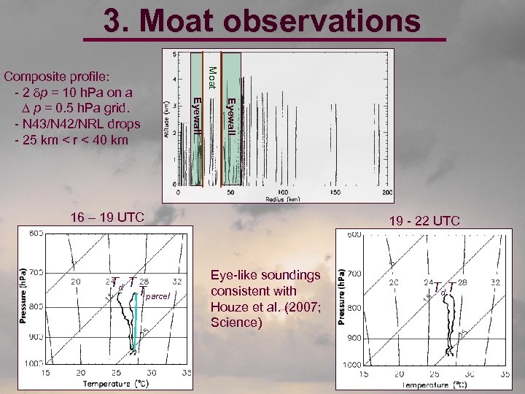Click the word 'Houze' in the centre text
(227, 306)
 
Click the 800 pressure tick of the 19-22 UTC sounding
(353, 308)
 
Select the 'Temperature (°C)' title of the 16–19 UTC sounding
(117, 382)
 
